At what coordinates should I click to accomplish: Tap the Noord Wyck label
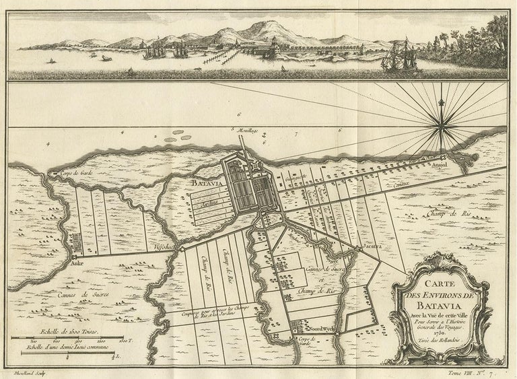[315, 323]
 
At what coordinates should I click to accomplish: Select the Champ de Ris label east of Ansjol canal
[444, 214]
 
